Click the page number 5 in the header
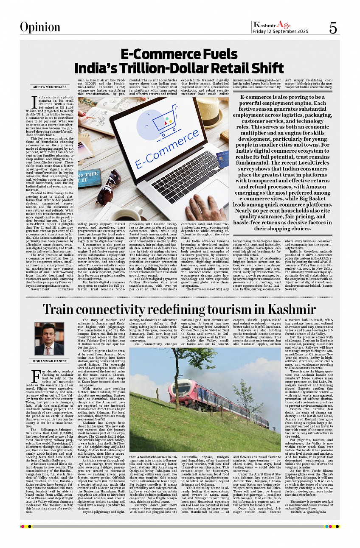[333, 28]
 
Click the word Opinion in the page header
[40, 27]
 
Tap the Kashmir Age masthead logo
[272, 25]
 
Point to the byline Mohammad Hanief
[49, 361]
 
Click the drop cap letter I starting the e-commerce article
[34, 102]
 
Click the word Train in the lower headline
[62, 309]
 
